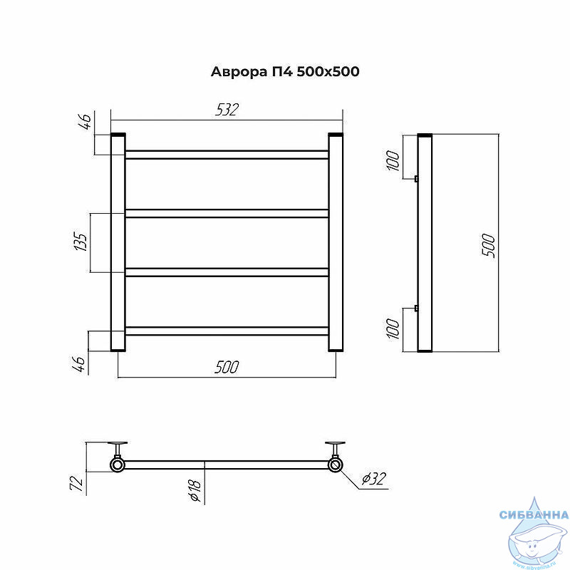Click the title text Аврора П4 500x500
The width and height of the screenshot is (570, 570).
pyautogui.click(x=285, y=72)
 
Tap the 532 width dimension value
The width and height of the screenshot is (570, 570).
pyautogui.click(x=227, y=110)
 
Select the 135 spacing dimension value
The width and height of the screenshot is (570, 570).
pyautogui.click(x=81, y=242)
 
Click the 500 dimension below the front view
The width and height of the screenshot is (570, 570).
pyautogui.click(x=227, y=367)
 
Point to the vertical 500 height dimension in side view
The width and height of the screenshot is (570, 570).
pyautogui.click(x=489, y=246)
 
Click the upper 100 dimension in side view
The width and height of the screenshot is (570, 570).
pyautogui.click(x=393, y=160)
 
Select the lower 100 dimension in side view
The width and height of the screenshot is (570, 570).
pyautogui.click(x=393, y=328)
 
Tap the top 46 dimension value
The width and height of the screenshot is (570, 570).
pyautogui.click(x=85, y=121)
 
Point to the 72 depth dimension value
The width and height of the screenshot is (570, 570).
pyautogui.click(x=77, y=483)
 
